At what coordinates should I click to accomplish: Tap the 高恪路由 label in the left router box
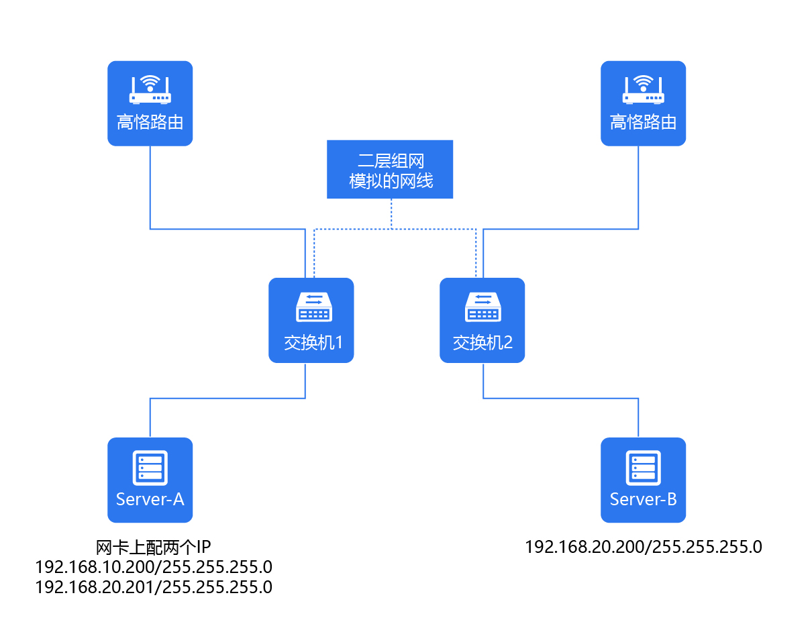pos(150,122)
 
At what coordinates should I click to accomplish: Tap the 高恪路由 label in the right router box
pos(643,122)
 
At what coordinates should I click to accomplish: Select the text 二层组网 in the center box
pos(390,160)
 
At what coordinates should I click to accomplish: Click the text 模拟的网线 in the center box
pos(390,180)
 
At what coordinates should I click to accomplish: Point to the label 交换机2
pos(483,343)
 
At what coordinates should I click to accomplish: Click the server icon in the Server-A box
pos(150,466)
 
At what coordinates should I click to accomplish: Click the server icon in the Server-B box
pos(643,466)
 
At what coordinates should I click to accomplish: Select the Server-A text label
pos(150,499)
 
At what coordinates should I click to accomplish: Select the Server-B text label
pos(643,499)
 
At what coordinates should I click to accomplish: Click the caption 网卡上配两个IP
pos(154,545)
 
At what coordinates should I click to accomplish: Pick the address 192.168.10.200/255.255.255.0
pos(154,566)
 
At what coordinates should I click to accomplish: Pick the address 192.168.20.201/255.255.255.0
pos(154,587)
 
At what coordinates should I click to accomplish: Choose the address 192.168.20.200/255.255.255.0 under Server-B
pos(643,546)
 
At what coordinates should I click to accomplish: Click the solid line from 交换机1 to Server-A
pos(228,399)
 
